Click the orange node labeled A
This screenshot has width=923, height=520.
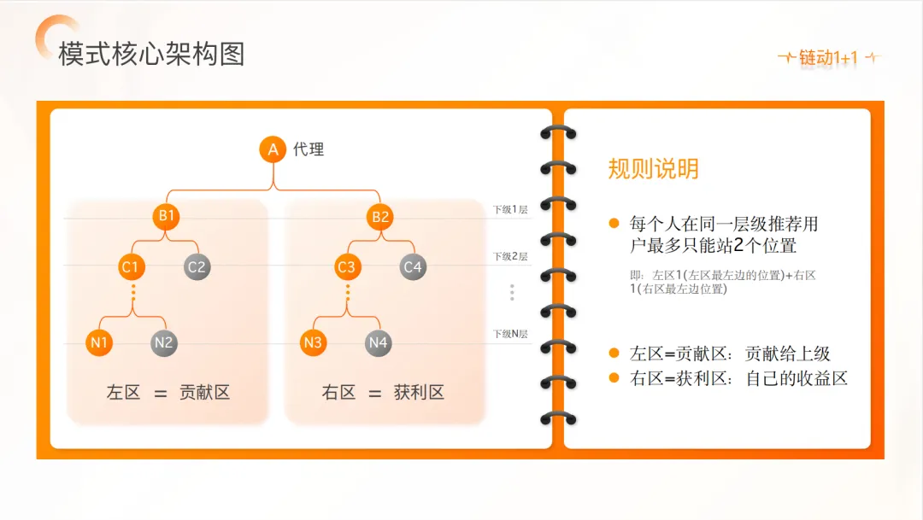(273, 150)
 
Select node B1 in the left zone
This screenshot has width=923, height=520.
(166, 216)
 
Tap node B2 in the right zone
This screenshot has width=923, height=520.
(380, 217)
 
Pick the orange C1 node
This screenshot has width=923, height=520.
(130, 267)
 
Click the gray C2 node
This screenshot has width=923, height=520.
(197, 267)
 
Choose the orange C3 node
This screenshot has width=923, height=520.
(346, 267)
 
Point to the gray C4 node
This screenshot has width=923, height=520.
(413, 267)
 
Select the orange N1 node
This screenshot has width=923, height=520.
(99, 343)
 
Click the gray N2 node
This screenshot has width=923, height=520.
(164, 343)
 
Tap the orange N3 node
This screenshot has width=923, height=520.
(313, 343)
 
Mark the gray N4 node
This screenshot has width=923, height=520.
(378, 343)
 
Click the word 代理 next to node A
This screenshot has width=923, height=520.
(309, 150)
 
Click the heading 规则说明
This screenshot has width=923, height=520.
(653, 168)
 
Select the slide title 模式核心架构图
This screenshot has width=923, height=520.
(151, 54)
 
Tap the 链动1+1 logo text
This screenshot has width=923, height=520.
(827, 58)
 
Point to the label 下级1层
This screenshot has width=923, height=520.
(509, 209)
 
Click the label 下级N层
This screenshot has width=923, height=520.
(509, 334)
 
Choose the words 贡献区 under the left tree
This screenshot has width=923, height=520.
(204, 393)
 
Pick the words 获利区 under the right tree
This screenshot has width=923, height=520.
(419, 393)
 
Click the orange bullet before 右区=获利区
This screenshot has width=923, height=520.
(614, 377)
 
